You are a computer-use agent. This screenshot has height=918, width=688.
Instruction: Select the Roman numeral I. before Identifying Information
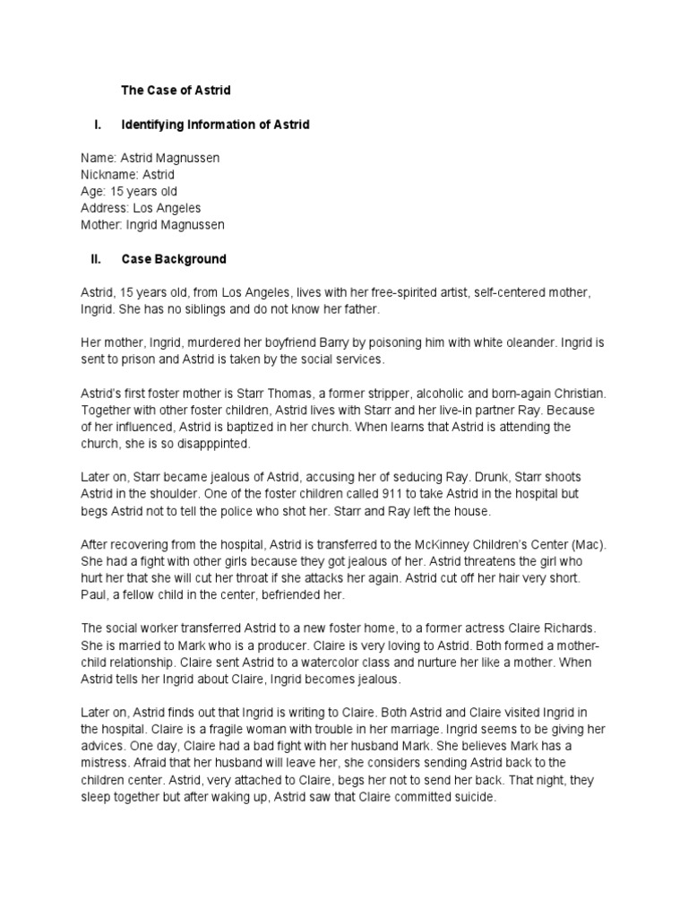pos(95,125)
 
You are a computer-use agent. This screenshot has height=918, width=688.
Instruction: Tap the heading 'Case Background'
pos(174,260)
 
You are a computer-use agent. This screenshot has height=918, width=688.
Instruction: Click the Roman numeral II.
pos(96,260)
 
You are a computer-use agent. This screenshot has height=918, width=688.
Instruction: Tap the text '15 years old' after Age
pos(143,191)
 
